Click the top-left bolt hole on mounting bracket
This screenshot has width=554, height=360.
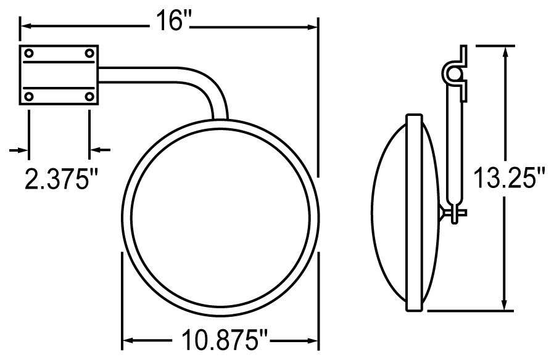pos(28,54)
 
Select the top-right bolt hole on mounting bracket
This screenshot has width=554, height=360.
pos(89,54)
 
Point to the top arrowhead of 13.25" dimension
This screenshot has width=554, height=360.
pos(506,51)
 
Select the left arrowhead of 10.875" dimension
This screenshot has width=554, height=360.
pos(128,339)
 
